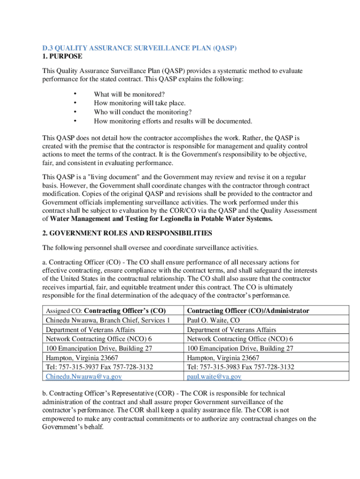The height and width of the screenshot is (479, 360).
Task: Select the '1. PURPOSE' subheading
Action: [x=62, y=56]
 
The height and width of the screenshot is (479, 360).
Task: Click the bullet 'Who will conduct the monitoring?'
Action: [x=143, y=112]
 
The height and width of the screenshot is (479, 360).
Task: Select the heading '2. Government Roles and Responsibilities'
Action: [x=127, y=233]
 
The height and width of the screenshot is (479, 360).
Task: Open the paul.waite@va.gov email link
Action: [x=214, y=377]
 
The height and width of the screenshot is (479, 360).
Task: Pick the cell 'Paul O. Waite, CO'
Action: [x=213, y=320]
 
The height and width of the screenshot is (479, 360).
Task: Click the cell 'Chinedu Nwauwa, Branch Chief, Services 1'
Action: [x=108, y=320]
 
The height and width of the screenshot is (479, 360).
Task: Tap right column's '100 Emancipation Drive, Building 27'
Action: [x=240, y=348]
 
